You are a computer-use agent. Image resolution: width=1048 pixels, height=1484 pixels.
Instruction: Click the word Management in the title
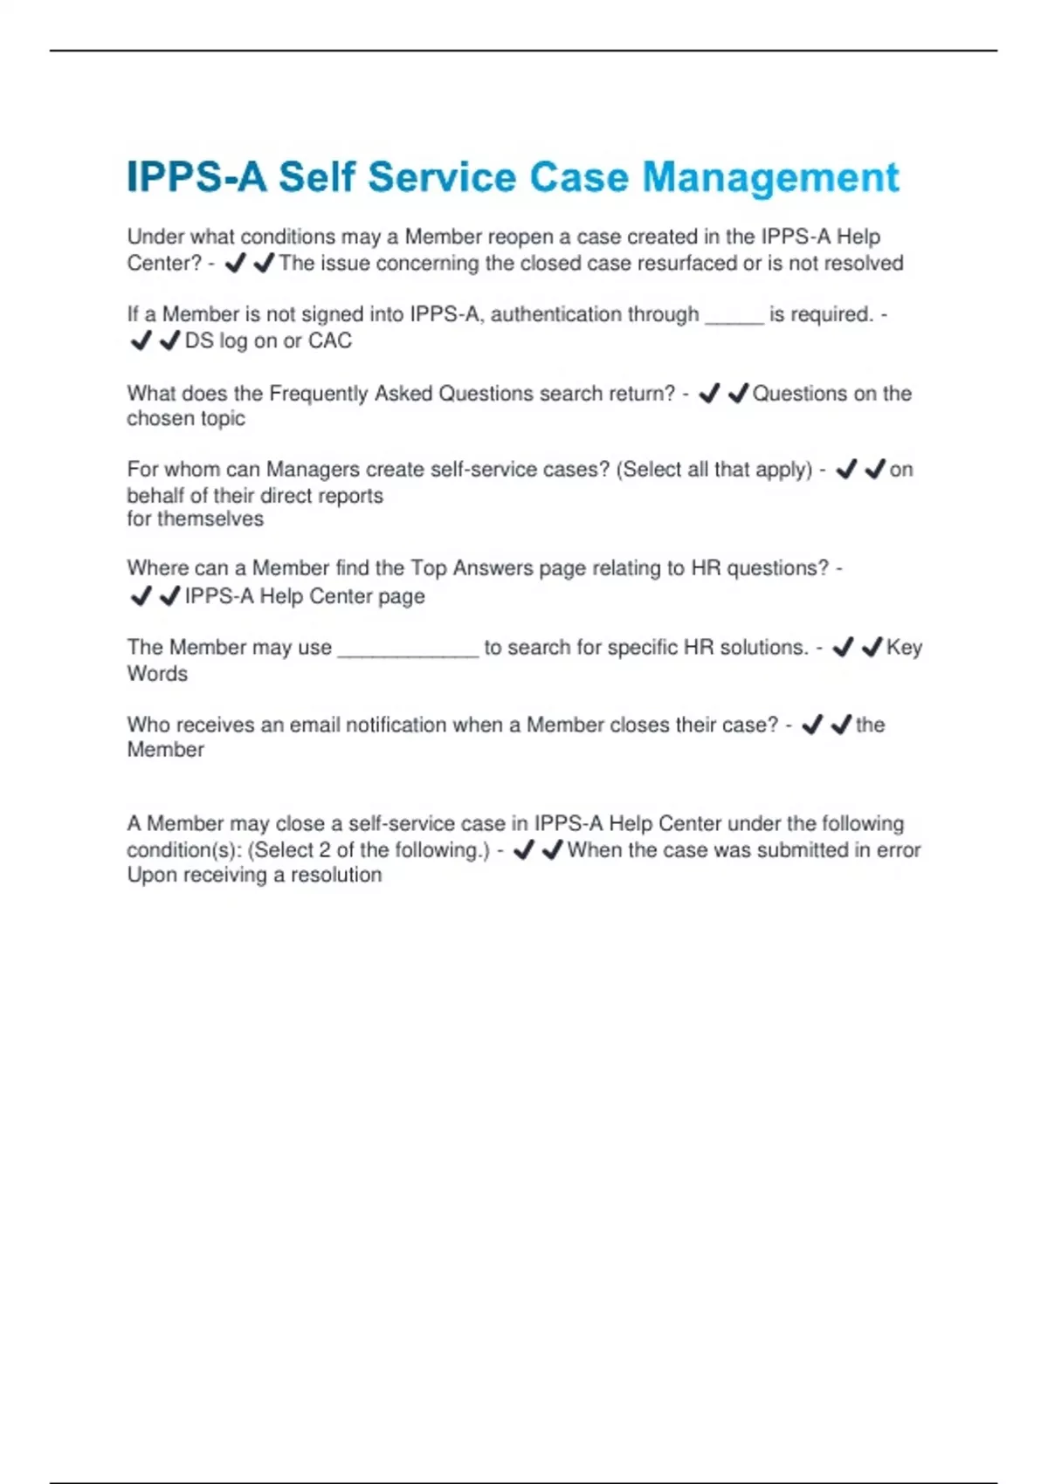coord(770,178)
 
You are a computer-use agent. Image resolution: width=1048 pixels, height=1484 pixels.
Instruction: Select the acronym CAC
coord(330,341)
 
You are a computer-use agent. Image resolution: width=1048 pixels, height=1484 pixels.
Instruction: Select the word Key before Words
coord(904,648)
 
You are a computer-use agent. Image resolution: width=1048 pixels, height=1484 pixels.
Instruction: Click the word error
coord(899,850)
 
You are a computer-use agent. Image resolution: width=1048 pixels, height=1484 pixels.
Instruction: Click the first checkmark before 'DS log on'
coord(140,341)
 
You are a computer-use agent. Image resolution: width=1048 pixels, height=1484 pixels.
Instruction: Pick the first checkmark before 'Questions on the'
coord(709,394)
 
